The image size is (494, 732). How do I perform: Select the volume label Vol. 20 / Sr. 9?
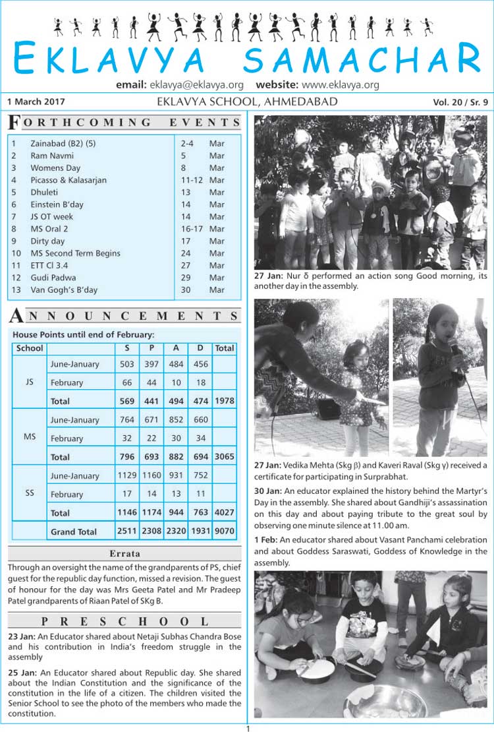(460, 102)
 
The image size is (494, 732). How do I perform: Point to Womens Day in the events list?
(55, 168)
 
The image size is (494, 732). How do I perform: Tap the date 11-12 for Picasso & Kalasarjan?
(192, 180)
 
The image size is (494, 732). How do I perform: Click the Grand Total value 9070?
(225, 532)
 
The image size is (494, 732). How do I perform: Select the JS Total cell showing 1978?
(225, 401)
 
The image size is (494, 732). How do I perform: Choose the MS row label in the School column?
(30, 437)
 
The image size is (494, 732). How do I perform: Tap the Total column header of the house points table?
(225, 348)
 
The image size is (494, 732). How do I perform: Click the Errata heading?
(125, 554)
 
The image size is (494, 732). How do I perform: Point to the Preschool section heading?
(125, 621)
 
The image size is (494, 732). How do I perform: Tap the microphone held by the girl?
(454, 347)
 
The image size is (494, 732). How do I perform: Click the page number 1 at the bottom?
(248, 728)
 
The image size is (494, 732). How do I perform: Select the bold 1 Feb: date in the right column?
(266, 540)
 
